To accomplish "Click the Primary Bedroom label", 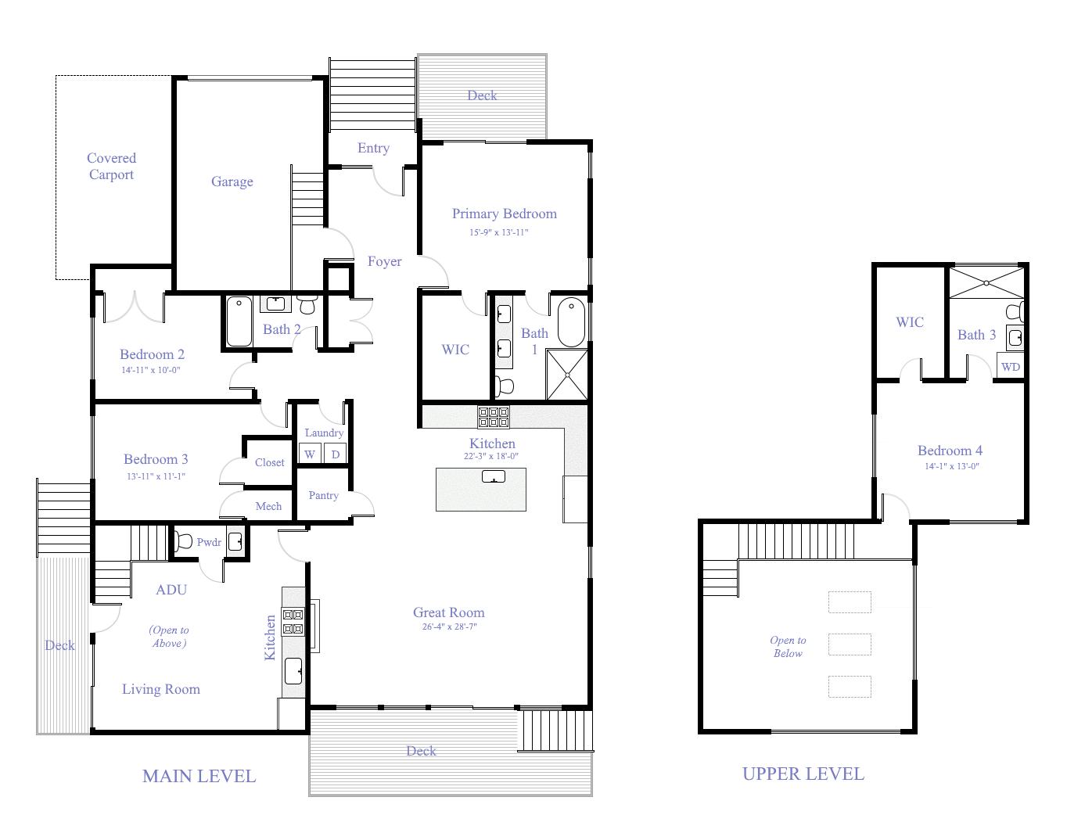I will click(505, 214).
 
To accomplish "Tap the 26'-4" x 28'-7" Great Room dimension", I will click(449, 627).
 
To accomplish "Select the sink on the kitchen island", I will click(493, 477).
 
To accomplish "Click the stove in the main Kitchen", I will click(494, 417).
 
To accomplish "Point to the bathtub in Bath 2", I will click(239, 321).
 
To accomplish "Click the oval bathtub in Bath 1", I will click(571, 321).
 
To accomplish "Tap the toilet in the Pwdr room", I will click(184, 540).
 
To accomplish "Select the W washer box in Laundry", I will click(310, 454).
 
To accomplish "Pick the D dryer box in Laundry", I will click(336, 454).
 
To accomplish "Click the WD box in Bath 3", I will click(1010, 367).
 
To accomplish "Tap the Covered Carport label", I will click(111, 167).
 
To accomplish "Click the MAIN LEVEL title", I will click(199, 776).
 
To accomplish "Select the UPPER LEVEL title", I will click(803, 774).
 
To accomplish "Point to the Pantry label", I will click(323, 495).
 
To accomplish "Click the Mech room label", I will click(268, 506).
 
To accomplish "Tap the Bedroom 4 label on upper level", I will click(950, 451).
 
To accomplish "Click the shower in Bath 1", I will click(566, 375).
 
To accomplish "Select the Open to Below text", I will click(788, 647).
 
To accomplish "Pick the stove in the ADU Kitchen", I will click(293, 622).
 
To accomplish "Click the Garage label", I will click(232, 181).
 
